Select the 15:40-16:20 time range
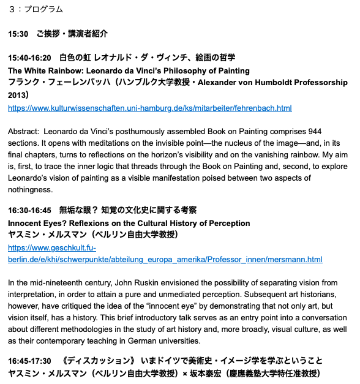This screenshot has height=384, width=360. (29, 58)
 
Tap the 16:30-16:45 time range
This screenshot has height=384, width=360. (29, 210)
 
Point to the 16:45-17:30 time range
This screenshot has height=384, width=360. (29, 361)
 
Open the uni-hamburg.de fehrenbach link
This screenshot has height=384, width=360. (149, 108)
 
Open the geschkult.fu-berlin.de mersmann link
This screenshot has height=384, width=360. (165, 260)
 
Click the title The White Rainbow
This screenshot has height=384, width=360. (45, 70)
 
